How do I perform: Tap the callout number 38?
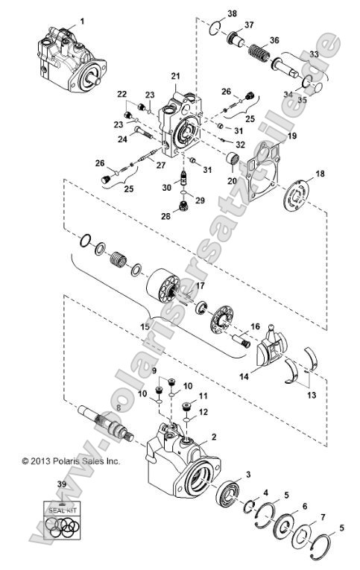tap(212, 13)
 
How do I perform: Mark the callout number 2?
tap(215, 436)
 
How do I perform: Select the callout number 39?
tap(60, 485)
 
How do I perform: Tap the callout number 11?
tap(202, 396)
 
